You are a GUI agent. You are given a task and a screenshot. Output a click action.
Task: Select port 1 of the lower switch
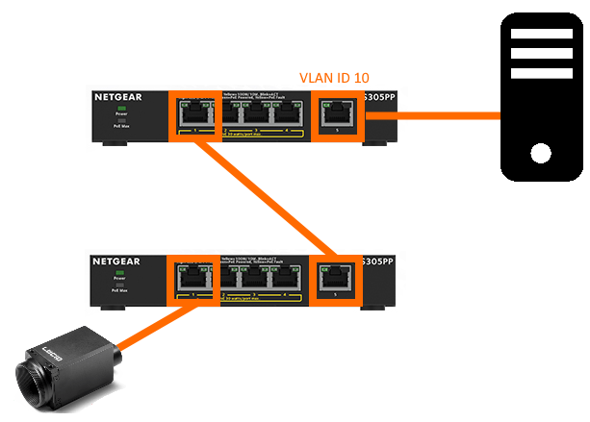(x=194, y=279)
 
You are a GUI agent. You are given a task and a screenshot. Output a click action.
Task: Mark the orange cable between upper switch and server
(x=433, y=114)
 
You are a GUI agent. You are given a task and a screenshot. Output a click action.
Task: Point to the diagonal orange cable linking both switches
(x=260, y=198)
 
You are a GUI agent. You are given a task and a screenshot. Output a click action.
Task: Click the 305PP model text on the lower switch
(x=376, y=261)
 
